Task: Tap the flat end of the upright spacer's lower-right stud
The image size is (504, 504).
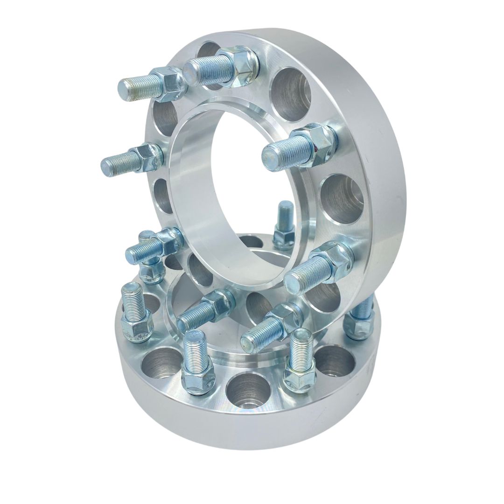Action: click(x=294, y=282)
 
